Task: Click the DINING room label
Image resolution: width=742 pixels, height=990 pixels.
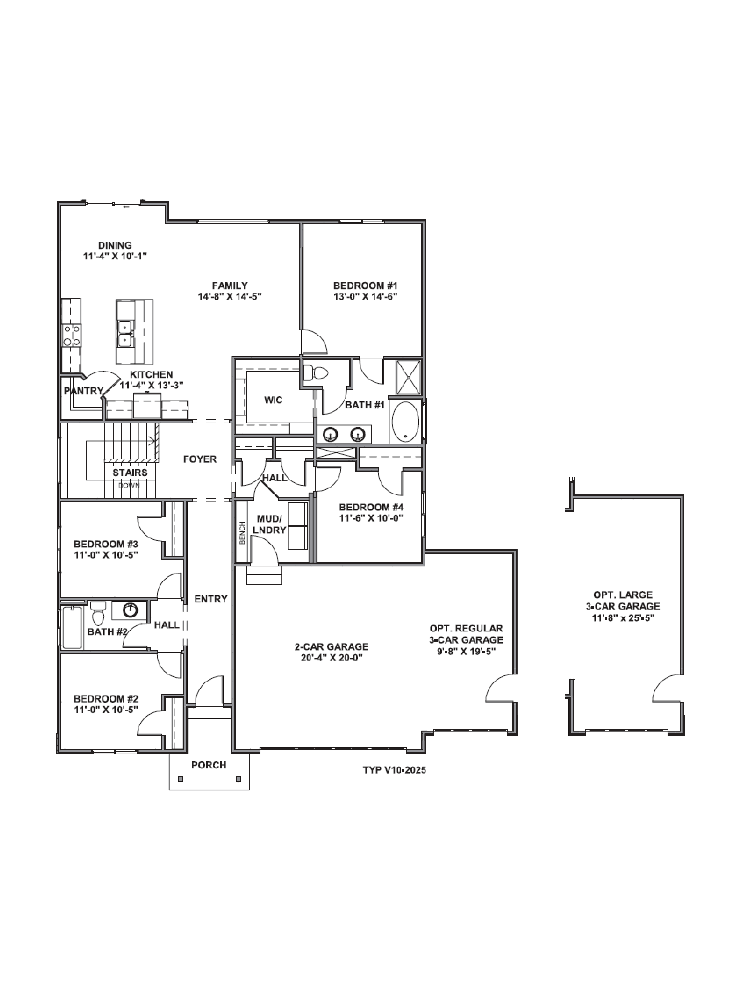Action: [x=115, y=245]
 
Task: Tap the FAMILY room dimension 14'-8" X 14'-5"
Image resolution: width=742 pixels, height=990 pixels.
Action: [x=229, y=296]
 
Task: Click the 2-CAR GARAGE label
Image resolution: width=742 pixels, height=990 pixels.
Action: [x=331, y=647]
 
